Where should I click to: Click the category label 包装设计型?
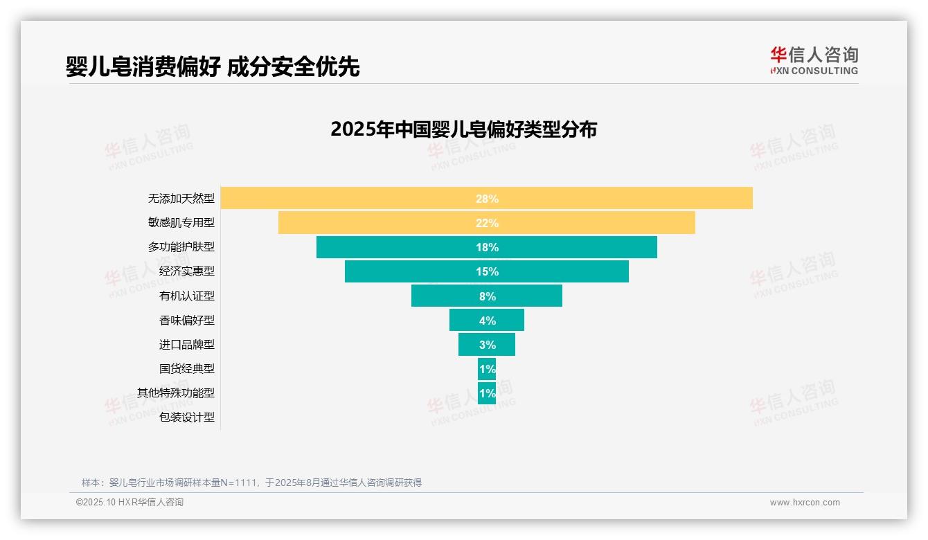(x=187, y=417)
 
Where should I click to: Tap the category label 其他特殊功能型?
(x=176, y=393)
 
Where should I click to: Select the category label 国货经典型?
(x=187, y=369)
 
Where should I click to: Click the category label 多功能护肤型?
(x=181, y=247)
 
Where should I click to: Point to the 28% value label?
(x=487, y=199)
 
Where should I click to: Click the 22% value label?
(x=487, y=223)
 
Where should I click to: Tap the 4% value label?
(x=487, y=321)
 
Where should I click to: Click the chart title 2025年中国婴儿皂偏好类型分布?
(x=463, y=129)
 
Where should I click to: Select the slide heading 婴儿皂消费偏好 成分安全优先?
(x=213, y=66)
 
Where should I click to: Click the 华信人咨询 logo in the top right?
(x=814, y=60)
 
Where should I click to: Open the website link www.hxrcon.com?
(x=805, y=503)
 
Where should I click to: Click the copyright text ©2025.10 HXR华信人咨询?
(x=130, y=503)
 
